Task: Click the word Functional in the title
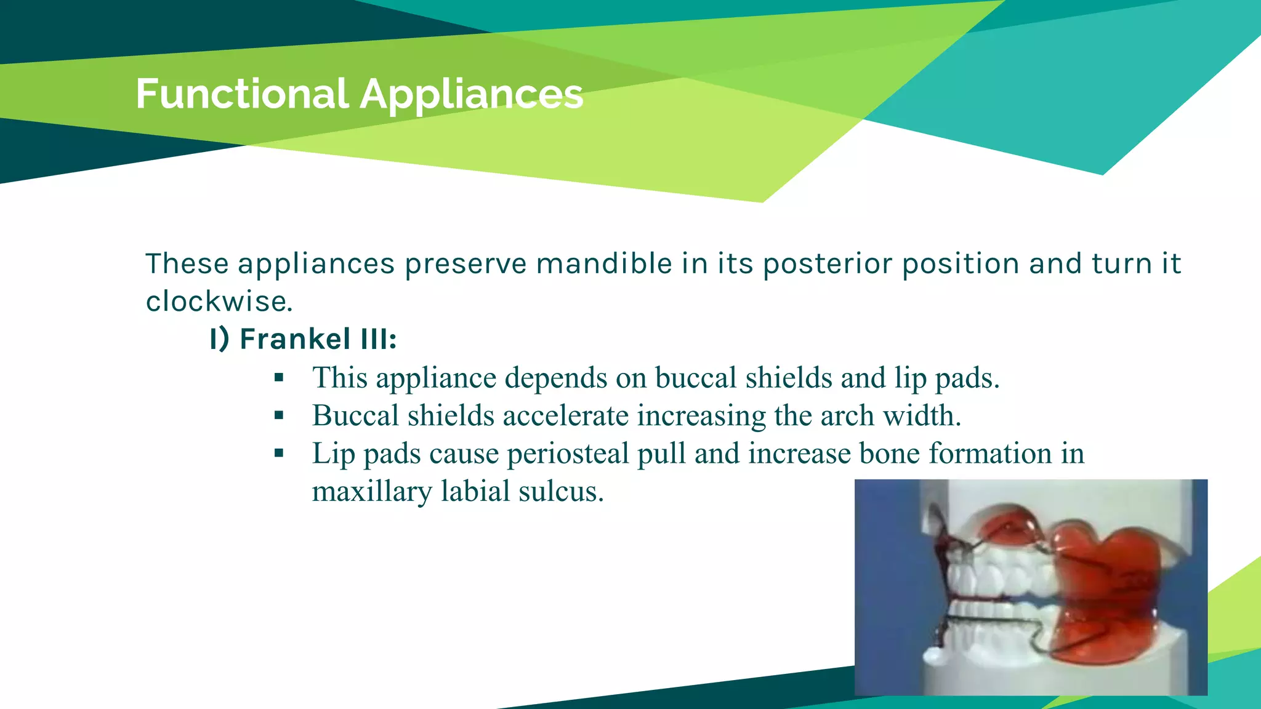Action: (242, 94)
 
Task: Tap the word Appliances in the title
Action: (471, 94)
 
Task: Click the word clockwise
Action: (219, 302)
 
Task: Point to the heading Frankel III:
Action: (303, 339)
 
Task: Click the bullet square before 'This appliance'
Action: (279, 378)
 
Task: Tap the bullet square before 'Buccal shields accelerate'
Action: (279, 415)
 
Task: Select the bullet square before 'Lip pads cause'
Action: (279, 454)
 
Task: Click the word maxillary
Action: (372, 492)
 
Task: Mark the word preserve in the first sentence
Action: (465, 264)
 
